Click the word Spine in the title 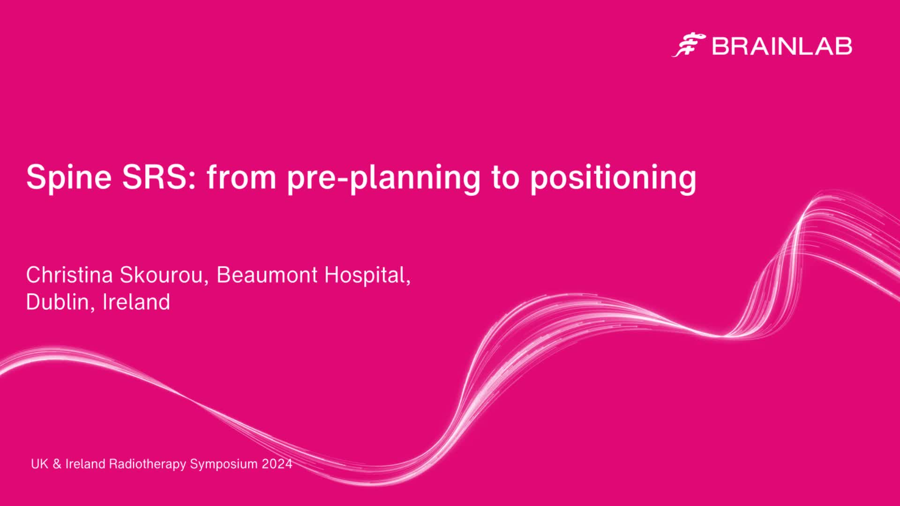(69, 178)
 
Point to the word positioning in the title (613, 178)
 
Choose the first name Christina (69, 275)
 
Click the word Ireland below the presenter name (136, 302)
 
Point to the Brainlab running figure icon (689, 45)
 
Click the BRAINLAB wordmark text (782, 46)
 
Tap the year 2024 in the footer (277, 464)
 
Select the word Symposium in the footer (224, 464)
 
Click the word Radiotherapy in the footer (147, 464)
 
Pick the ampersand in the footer (57, 464)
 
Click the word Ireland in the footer (85, 464)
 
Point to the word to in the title (505, 177)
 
